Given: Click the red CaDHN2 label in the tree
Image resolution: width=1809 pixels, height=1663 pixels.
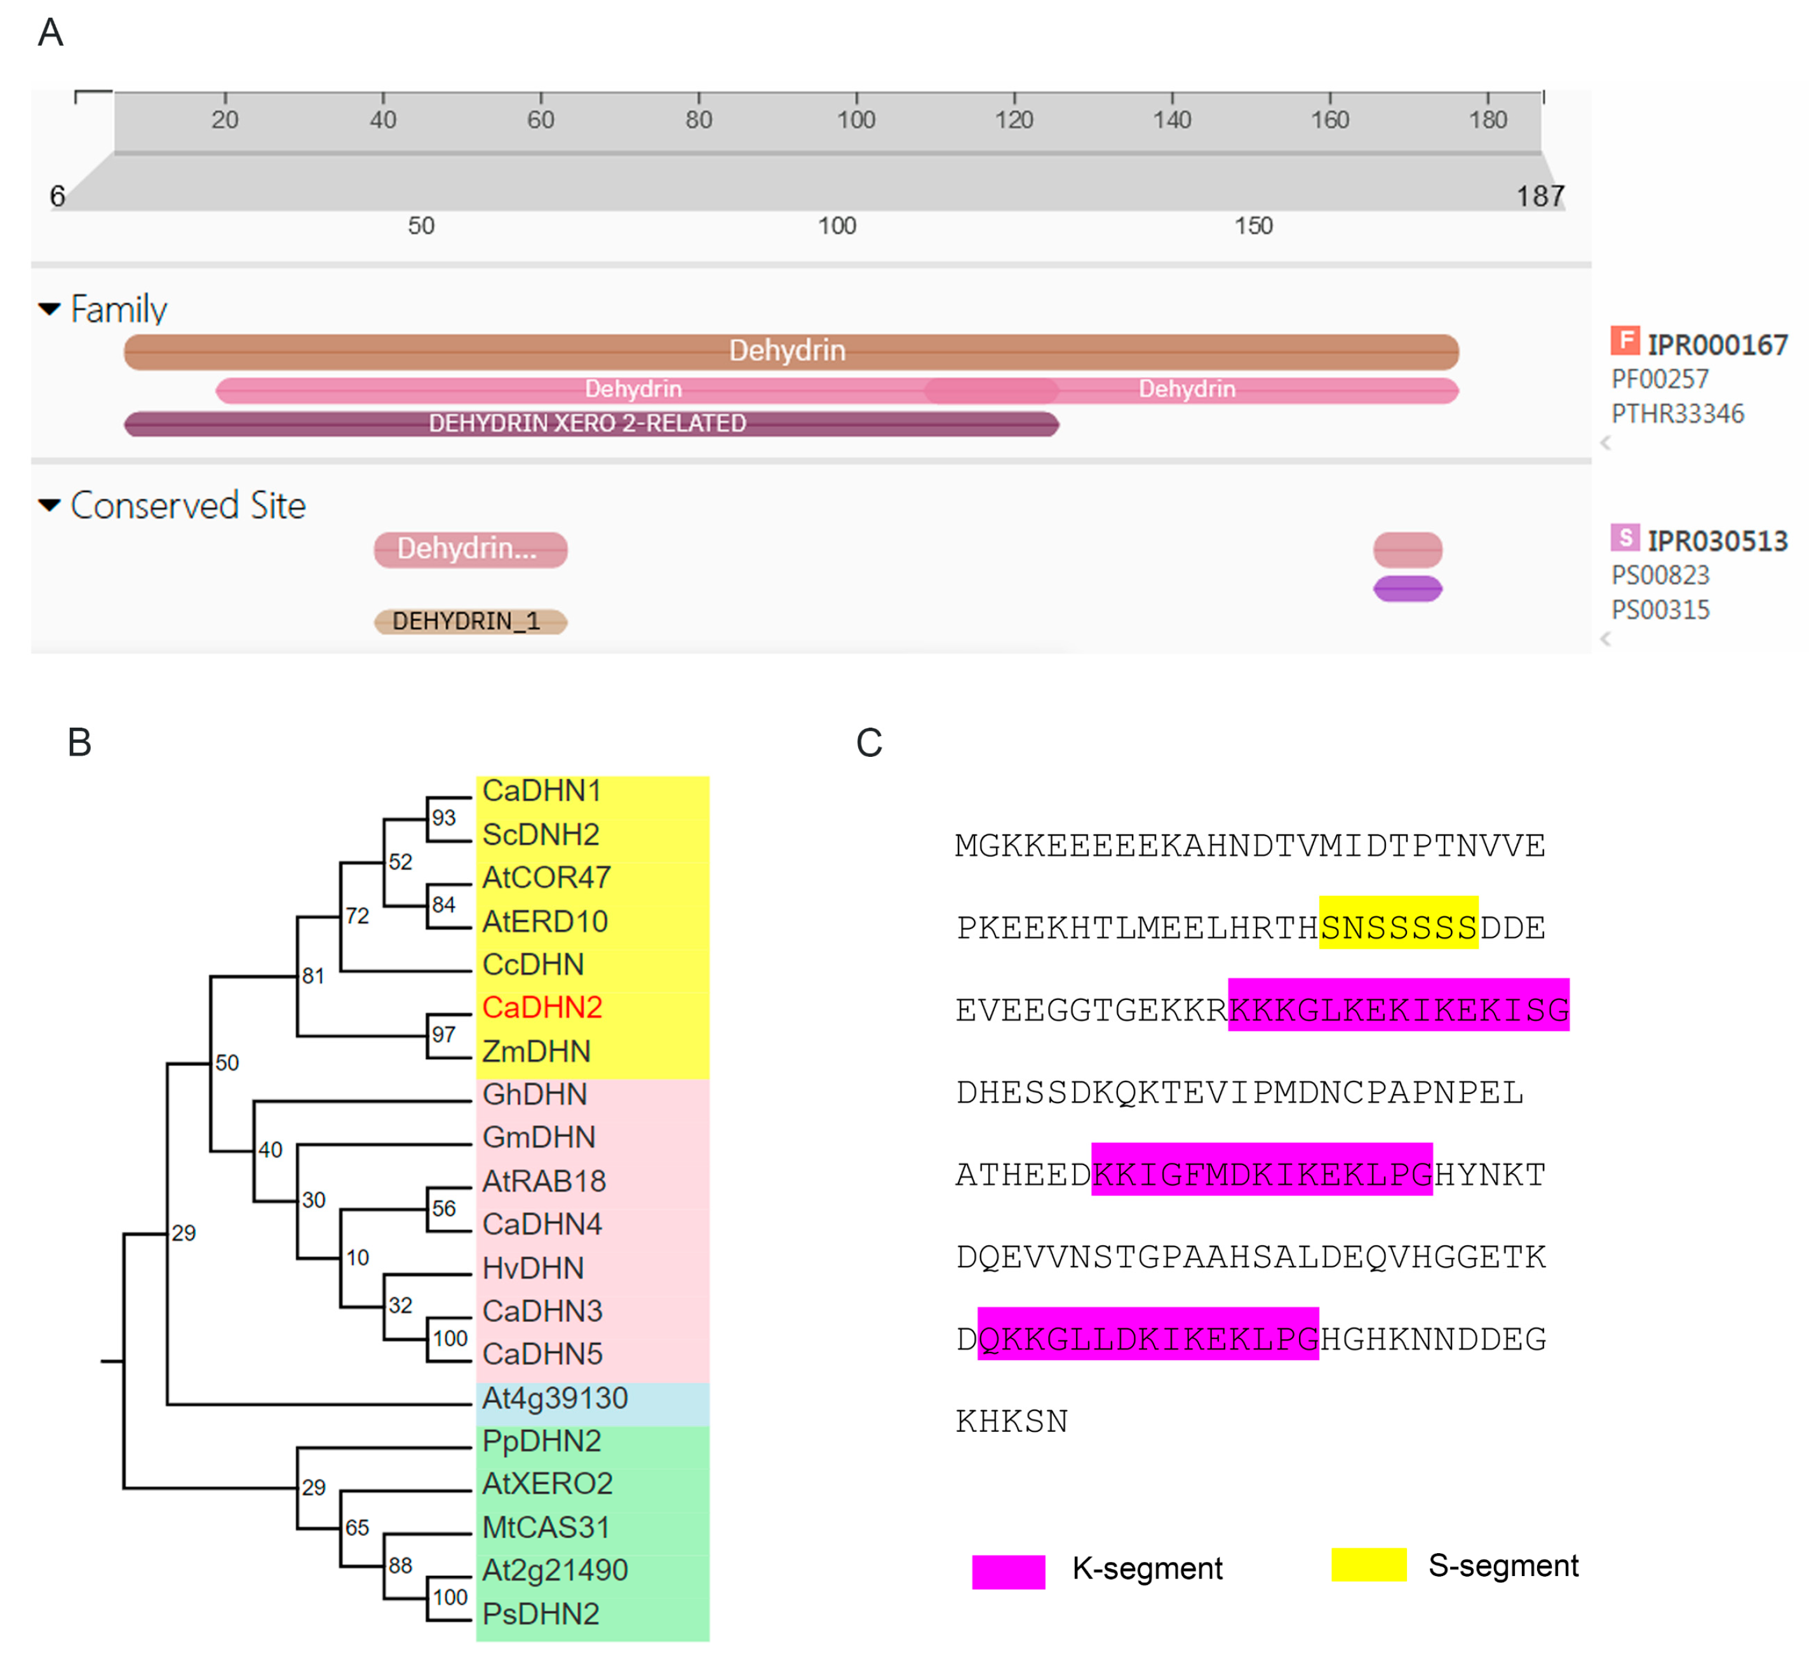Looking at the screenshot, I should click(x=542, y=1008).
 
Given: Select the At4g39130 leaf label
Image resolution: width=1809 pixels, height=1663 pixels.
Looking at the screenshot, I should click(x=555, y=1398).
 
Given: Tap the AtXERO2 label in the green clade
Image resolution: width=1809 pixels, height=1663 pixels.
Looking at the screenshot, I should click(x=547, y=1483).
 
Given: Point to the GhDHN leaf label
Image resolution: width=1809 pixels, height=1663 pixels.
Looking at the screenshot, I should click(x=535, y=1094).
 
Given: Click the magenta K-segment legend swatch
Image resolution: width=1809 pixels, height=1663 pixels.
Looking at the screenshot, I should click(x=1008, y=1571).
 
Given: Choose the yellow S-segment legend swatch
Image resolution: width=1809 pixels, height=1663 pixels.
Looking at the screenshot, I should click(x=1368, y=1565).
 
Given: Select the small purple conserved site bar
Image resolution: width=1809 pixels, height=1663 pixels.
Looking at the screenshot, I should click(x=1408, y=589).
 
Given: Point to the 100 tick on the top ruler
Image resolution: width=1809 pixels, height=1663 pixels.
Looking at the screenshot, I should click(x=856, y=119).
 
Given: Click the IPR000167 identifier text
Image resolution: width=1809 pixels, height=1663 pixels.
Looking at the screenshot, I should click(x=1717, y=345).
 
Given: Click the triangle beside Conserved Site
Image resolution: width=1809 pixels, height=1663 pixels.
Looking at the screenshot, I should click(x=50, y=505).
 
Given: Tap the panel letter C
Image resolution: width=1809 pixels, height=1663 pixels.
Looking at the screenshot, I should click(x=868, y=744).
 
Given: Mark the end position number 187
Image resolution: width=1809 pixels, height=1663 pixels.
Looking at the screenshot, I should click(x=1540, y=196).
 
